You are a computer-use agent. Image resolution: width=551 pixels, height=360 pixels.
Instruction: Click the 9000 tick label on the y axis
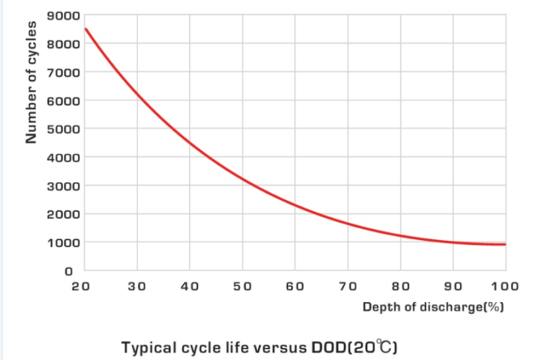pyautogui.click(x=62, y=16)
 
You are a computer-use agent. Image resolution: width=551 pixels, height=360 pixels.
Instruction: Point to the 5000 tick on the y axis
pyautogui.click(x=62, y=129)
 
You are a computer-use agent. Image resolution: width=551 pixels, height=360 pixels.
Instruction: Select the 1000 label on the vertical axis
pyautogui.click(x=62, y=243)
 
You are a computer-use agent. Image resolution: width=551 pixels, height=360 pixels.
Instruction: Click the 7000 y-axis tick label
pyautogui.click(x=62, y=73)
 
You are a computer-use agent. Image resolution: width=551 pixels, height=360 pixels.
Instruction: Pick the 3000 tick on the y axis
pyautogui.click(x=62, y=187)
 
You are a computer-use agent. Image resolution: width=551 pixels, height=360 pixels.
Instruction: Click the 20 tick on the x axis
pyautogui.click(x=80, y=287)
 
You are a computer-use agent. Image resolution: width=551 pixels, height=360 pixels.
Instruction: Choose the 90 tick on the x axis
pyautogui.click(x=453, y=287)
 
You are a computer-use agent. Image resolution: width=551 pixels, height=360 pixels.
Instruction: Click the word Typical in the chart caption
pyautogui.click(x=148, y=345)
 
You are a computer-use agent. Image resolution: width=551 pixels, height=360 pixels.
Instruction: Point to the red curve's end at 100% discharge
pyautogui.click(x=505, y=245)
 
